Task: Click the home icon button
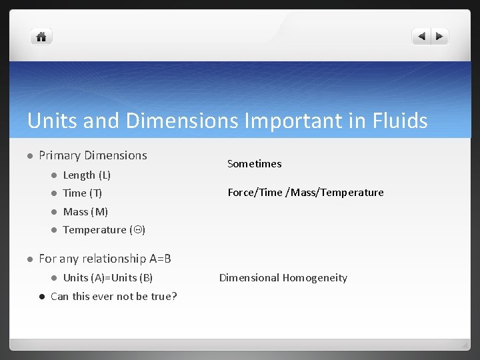pyautogui.click(x=41, y=37)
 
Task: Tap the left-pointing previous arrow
pyautogui.click(x=422, y=37)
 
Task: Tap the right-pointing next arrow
pyautogui.click(x=440, y=37)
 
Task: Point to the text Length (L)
pyautogui.click(x=87, y=175)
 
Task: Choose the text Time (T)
pyautogui.click(x=83, y=193)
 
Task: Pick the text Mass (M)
pyautogui.click(x=85, y=212)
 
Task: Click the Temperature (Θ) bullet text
pyautogui.click(x=104, y=230)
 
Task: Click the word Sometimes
pyautogui.click(x=255, y=163)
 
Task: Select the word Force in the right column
pyautogui.click(x=241, y=193)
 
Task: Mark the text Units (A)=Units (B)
pyautogui.click(x=107, y=278)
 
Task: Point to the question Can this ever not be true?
pyautogui.click(x=114, y=296)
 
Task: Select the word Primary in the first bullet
pyautogui.click(x=59, y=155)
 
